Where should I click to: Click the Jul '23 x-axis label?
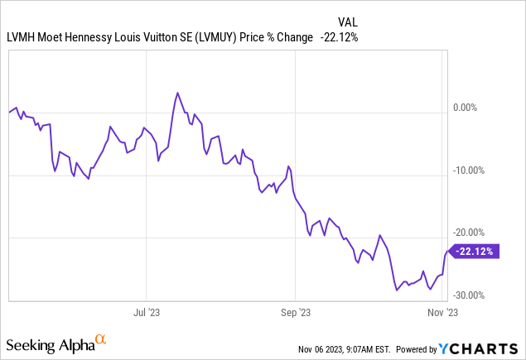pyautogui.click(x=146, y=313)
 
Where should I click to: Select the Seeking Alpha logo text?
pyautogui.click(x=49, y=343)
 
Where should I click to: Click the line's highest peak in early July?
pyautogui.click(x=177, y=93)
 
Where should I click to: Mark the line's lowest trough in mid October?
pyautogui.click(x=397, y=290)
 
